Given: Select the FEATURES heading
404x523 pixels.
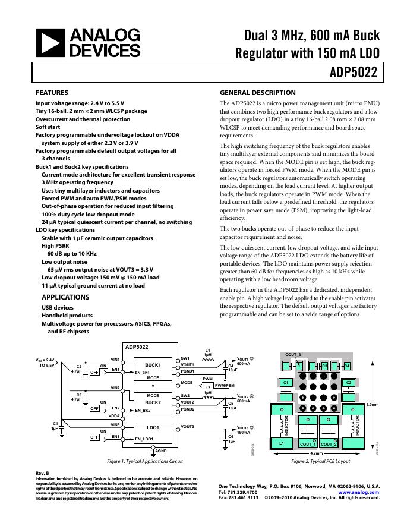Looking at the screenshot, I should [x=52, y=93].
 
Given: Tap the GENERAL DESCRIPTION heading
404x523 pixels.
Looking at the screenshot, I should [x=257, y=93].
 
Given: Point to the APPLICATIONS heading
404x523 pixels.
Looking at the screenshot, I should [x=58, y=297].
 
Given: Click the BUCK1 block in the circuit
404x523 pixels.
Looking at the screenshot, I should [x=153, y=365].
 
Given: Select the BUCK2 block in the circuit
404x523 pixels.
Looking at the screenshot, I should [x=153, y=402].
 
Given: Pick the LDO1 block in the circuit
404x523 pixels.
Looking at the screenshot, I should [x=153, y=427].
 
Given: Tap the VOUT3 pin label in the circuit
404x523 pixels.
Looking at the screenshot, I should [x=188, y=427].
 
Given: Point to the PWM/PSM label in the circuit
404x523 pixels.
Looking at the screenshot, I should [x=224, y=386].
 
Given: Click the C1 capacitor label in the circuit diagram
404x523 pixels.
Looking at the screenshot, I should [x=55, y=423].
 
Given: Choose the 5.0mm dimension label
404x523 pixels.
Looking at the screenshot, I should [x=372, y=404].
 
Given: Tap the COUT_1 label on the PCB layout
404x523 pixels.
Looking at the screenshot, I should [x=308, y=444].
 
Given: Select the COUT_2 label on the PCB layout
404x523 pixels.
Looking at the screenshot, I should [x=329, y=444].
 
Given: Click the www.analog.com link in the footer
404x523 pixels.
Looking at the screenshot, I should [x=359, y=492].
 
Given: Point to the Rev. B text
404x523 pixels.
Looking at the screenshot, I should [x=43, y=472].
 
